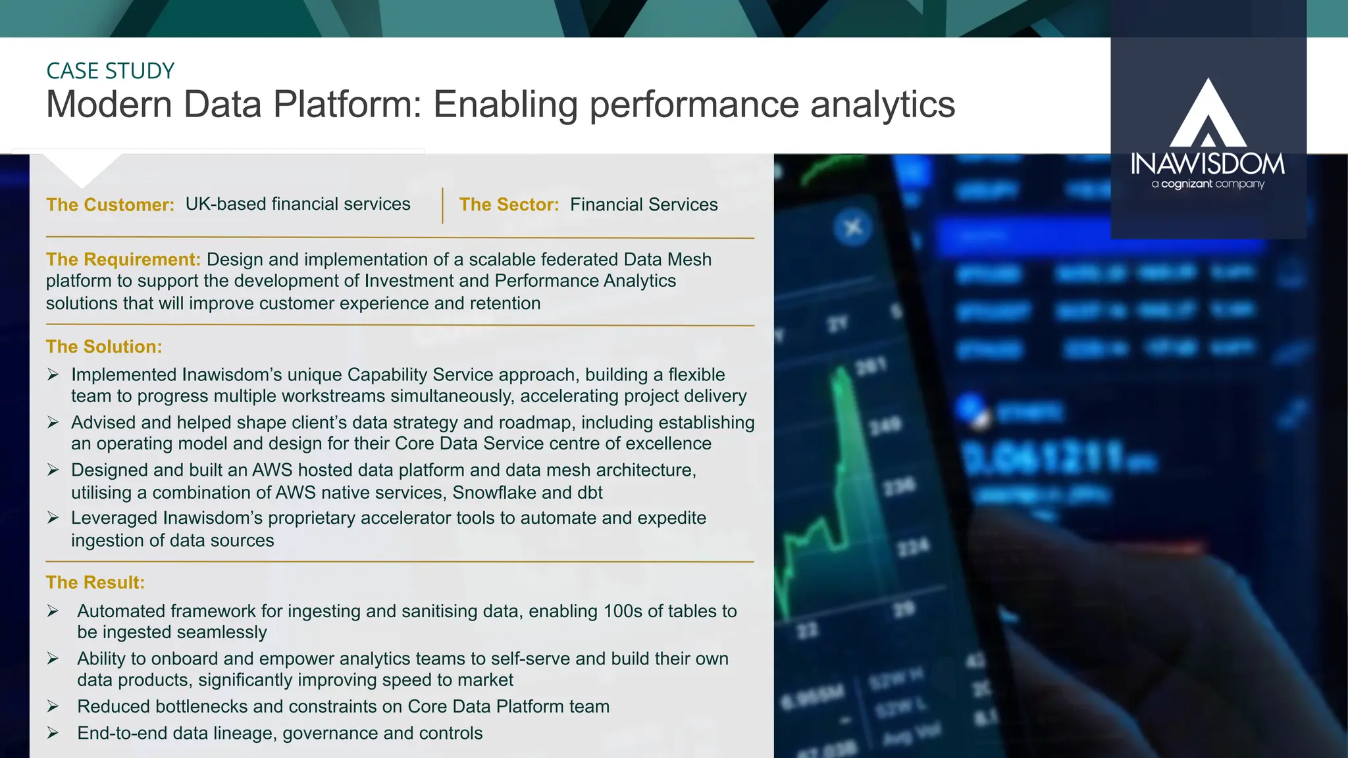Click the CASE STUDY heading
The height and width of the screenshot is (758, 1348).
[110, 71]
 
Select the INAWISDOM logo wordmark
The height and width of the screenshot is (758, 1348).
[1208, 164]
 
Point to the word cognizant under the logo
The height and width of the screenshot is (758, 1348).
[1186, 184]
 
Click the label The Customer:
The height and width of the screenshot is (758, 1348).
[110, 205]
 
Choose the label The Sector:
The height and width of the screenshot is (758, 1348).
[509, 205]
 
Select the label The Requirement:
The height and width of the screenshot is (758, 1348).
[123, 259]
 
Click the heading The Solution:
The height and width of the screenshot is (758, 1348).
[104, 347]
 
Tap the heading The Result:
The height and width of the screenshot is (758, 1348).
[95, 582]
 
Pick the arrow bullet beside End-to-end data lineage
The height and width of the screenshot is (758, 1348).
[53, 733]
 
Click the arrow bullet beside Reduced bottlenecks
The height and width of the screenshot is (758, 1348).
[53, 707]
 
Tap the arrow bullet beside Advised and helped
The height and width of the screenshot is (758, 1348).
[53, 422]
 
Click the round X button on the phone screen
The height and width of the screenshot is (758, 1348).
[853, 228]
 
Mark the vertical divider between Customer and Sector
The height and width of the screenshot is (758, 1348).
[442, 205]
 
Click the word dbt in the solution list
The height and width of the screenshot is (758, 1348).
[590, 493]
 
